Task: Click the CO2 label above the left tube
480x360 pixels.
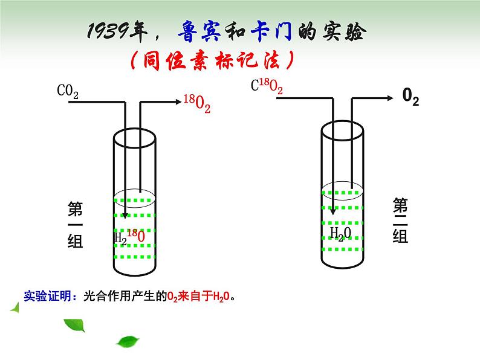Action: coord(68,92)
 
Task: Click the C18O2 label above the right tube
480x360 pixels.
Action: coord(267,87)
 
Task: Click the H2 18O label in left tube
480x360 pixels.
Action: coord(129,236)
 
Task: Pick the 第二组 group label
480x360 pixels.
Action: coord(400,220)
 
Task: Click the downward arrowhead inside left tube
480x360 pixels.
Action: coord(125,215)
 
